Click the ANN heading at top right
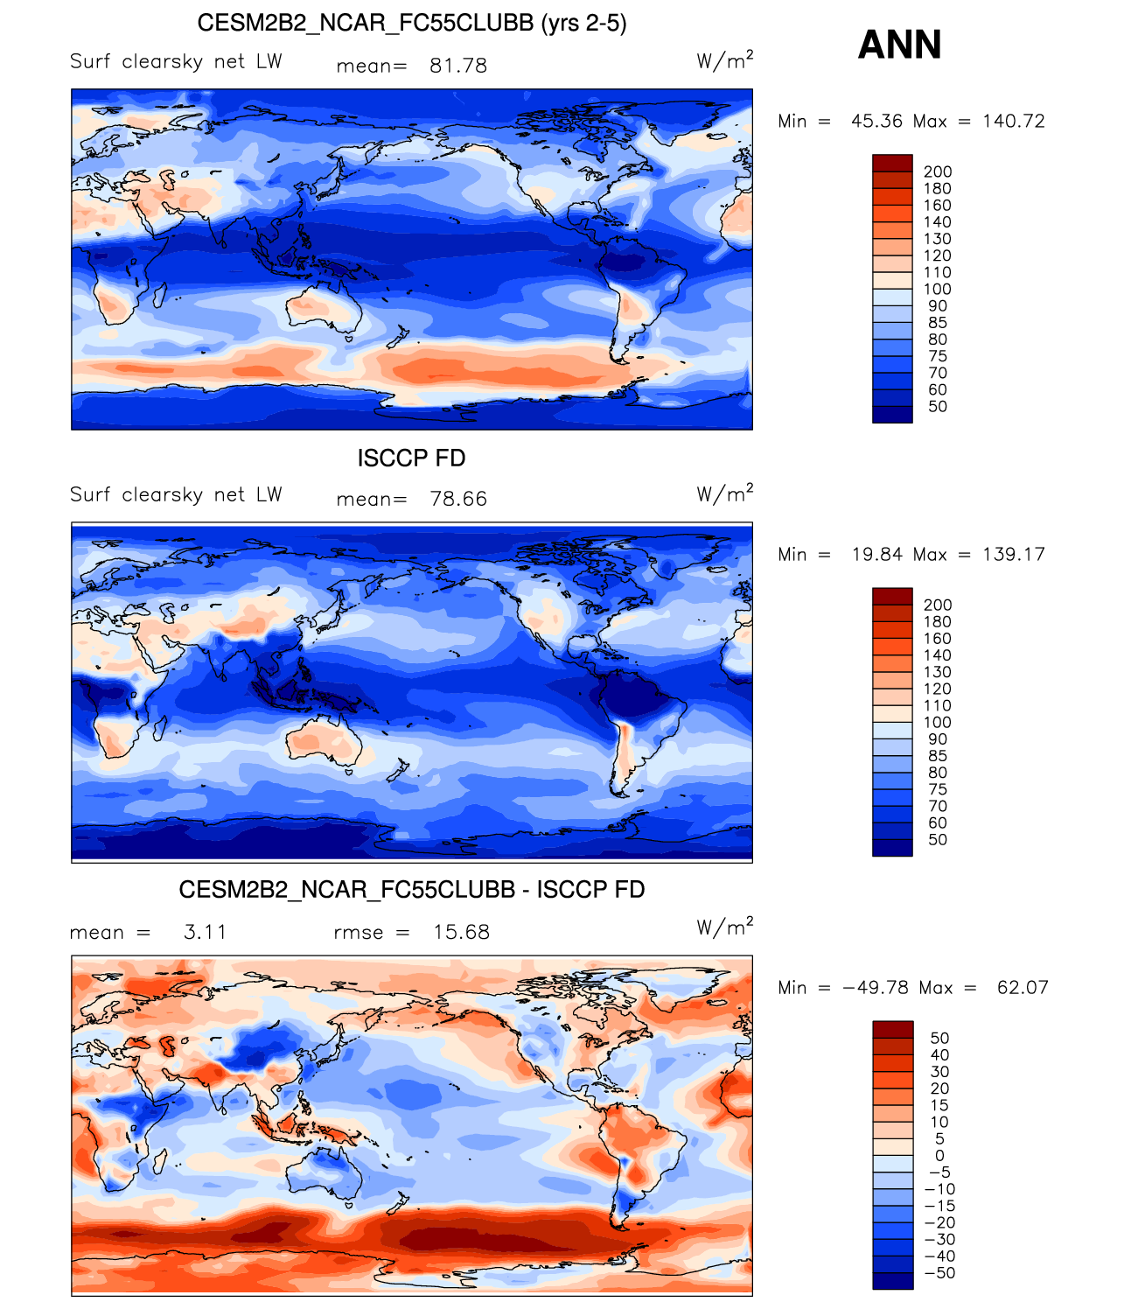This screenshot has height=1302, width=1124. click(899, 45)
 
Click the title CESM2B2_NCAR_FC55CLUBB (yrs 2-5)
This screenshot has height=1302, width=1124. click(411, 23)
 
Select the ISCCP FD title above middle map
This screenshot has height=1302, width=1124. click(411, 458)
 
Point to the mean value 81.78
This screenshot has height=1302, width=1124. click(458, 66)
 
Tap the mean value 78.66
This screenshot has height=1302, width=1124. click(458, 499)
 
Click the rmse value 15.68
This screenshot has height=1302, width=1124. click(461, 932)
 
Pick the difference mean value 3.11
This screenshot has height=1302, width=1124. click(205, 932)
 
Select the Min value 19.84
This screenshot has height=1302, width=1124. click(877, 554)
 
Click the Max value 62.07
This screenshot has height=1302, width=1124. click(1023, 987)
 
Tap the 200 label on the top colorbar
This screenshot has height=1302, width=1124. click(938, 171)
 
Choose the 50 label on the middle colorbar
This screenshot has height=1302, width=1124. click(938, 840)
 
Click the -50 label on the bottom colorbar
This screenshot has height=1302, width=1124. click(939, 1273)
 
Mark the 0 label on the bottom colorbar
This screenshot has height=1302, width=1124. click(939, 1156)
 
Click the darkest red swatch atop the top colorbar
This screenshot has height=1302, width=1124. click(892, 163)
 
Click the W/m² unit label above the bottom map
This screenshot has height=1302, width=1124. click(724, 927)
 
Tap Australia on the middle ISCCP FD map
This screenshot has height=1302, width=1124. click(324, 740)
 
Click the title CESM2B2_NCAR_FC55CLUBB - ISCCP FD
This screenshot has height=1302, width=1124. click(411, 890)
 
